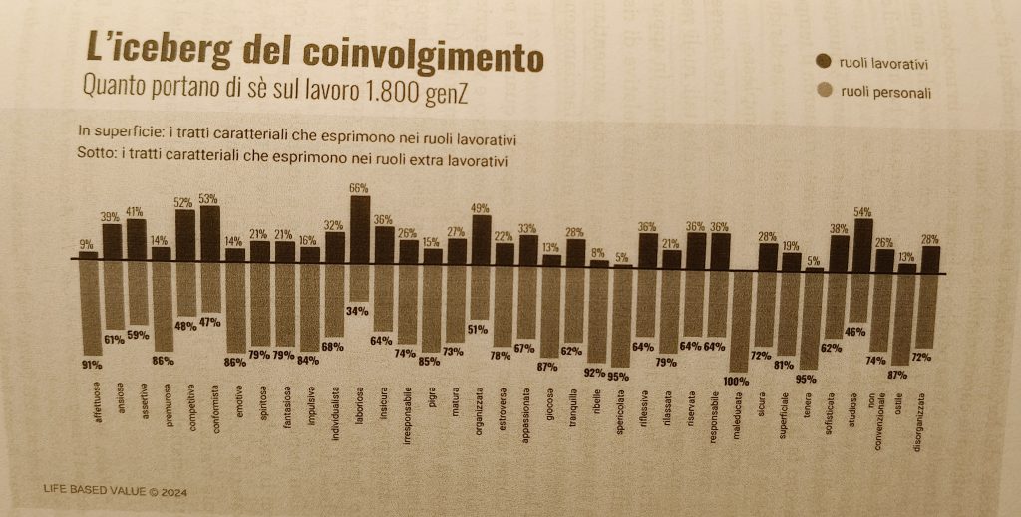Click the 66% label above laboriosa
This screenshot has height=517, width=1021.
coord(359,187)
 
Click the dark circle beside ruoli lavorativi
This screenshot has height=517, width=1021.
coord(825,63)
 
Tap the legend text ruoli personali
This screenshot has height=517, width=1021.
coord(885,95)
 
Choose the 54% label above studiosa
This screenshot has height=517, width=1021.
coord(863,211)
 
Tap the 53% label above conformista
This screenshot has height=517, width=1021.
coord(209,198)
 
